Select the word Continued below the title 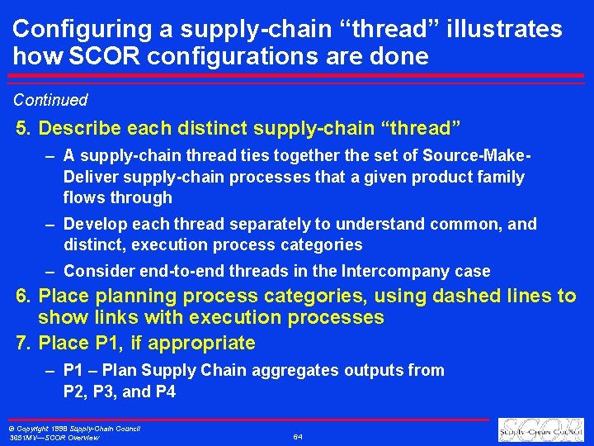coord(50,100)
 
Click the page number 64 coord(297,436)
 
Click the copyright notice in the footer coord(73,429)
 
